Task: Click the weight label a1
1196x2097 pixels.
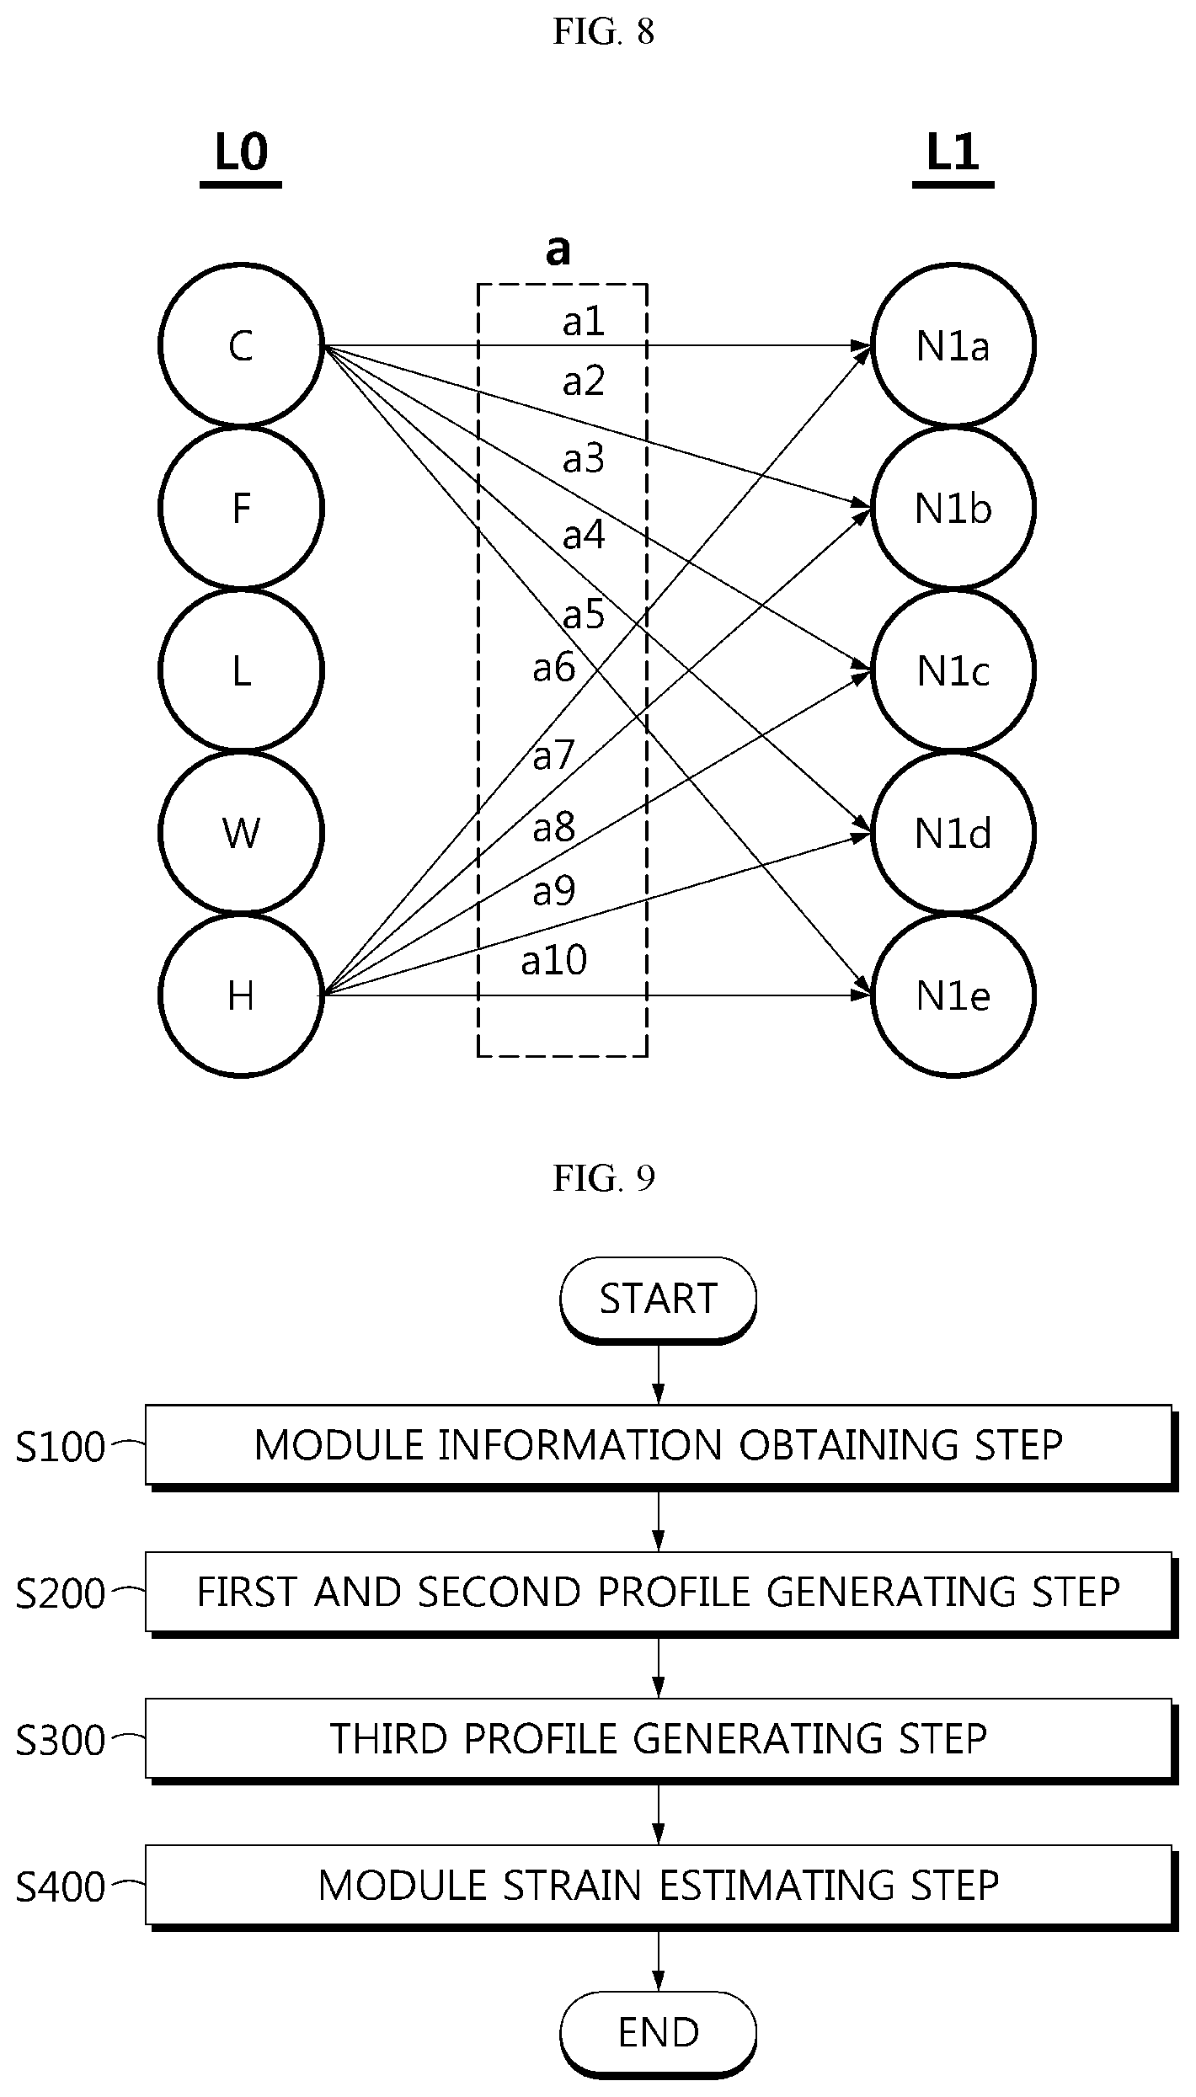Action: click(584, 322)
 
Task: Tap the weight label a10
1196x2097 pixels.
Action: click(554, 960)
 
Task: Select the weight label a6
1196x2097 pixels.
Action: click(554, 668)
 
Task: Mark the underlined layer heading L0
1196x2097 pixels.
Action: click(241, 155)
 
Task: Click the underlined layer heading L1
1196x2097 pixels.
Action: click(953, 155)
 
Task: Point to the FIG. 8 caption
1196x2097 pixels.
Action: click(604, 32)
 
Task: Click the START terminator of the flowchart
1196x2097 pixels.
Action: click(659, 1299)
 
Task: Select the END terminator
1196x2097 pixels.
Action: click(659, 2034)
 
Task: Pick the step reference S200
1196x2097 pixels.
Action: click(61, 1594)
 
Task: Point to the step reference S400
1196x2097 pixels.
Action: click(61, 1888)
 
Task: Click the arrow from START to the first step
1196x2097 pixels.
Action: click(659, 1374)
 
